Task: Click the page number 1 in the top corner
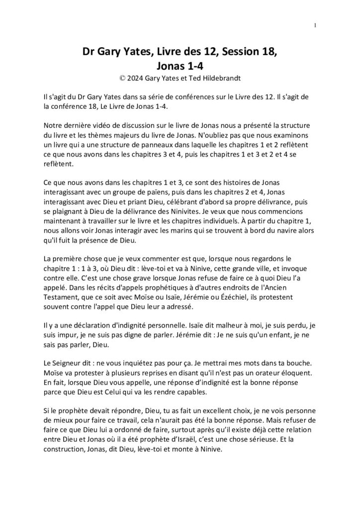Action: [316, 26]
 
